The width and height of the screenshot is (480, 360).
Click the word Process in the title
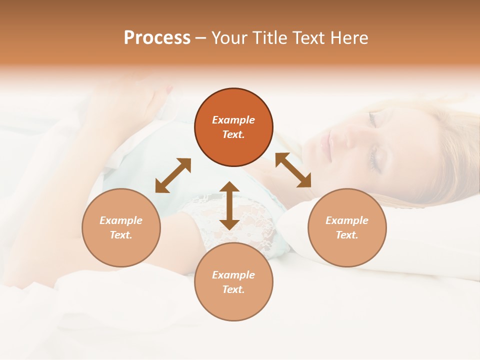(157, 38)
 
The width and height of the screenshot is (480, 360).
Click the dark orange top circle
(233, 127)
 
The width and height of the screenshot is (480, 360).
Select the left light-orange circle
(121, 227)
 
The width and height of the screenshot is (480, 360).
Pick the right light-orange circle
(347, 227)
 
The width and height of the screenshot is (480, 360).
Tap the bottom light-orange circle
(233, 282)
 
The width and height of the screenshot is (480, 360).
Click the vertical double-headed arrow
(229, 205)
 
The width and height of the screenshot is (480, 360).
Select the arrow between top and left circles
(173, 175)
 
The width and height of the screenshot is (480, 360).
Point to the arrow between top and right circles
(293, 170)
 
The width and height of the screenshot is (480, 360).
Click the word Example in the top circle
(233, 120)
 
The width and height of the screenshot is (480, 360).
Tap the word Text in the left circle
(120, 235)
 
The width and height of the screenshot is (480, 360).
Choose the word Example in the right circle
(347, 220)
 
